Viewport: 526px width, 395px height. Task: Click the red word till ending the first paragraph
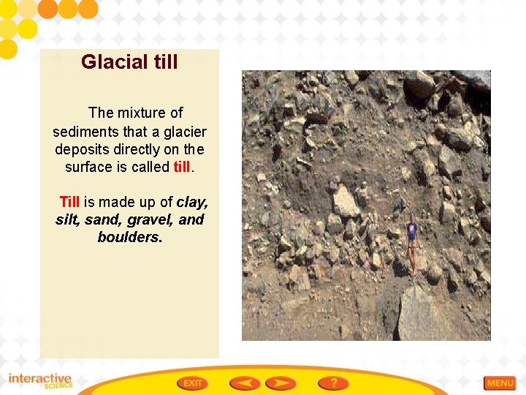point(182,167)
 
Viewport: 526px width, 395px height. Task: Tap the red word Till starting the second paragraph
point(69,202)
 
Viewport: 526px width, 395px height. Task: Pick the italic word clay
point(192,202)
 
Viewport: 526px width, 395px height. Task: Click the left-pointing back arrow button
point(245,383)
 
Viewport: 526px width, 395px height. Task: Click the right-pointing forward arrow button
point(281,383)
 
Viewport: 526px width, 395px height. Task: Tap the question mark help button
point(333,383)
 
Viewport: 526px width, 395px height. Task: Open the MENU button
point(500,383)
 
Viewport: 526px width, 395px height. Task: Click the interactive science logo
point(40,381)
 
